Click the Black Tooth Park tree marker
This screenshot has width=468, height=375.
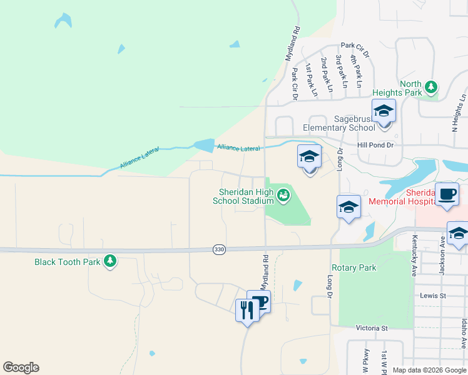110,261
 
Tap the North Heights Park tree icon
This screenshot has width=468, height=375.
430,86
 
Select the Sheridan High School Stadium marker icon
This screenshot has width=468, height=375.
283,196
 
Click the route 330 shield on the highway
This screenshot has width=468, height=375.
218,249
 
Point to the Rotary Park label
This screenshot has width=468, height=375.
354,267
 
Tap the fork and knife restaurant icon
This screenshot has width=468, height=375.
247,309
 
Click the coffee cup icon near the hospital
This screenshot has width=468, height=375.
447,194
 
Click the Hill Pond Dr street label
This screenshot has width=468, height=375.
374,145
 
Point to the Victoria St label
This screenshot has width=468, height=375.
372,327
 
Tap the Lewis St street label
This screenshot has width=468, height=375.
432,295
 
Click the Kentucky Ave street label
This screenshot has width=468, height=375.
414,247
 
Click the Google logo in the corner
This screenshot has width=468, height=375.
21,367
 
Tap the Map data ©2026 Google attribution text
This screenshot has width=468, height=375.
429,370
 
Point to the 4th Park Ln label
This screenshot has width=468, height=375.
357,71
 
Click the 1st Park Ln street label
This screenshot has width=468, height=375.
310,79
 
